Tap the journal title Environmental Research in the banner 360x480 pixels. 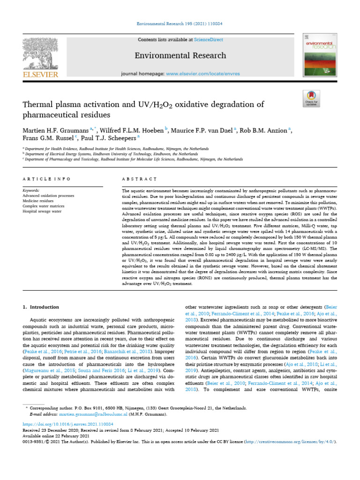point(180,56)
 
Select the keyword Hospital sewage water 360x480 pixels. point(42,211)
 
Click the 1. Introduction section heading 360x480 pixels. point(41,307)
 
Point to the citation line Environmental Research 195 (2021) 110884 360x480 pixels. point(180,23)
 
